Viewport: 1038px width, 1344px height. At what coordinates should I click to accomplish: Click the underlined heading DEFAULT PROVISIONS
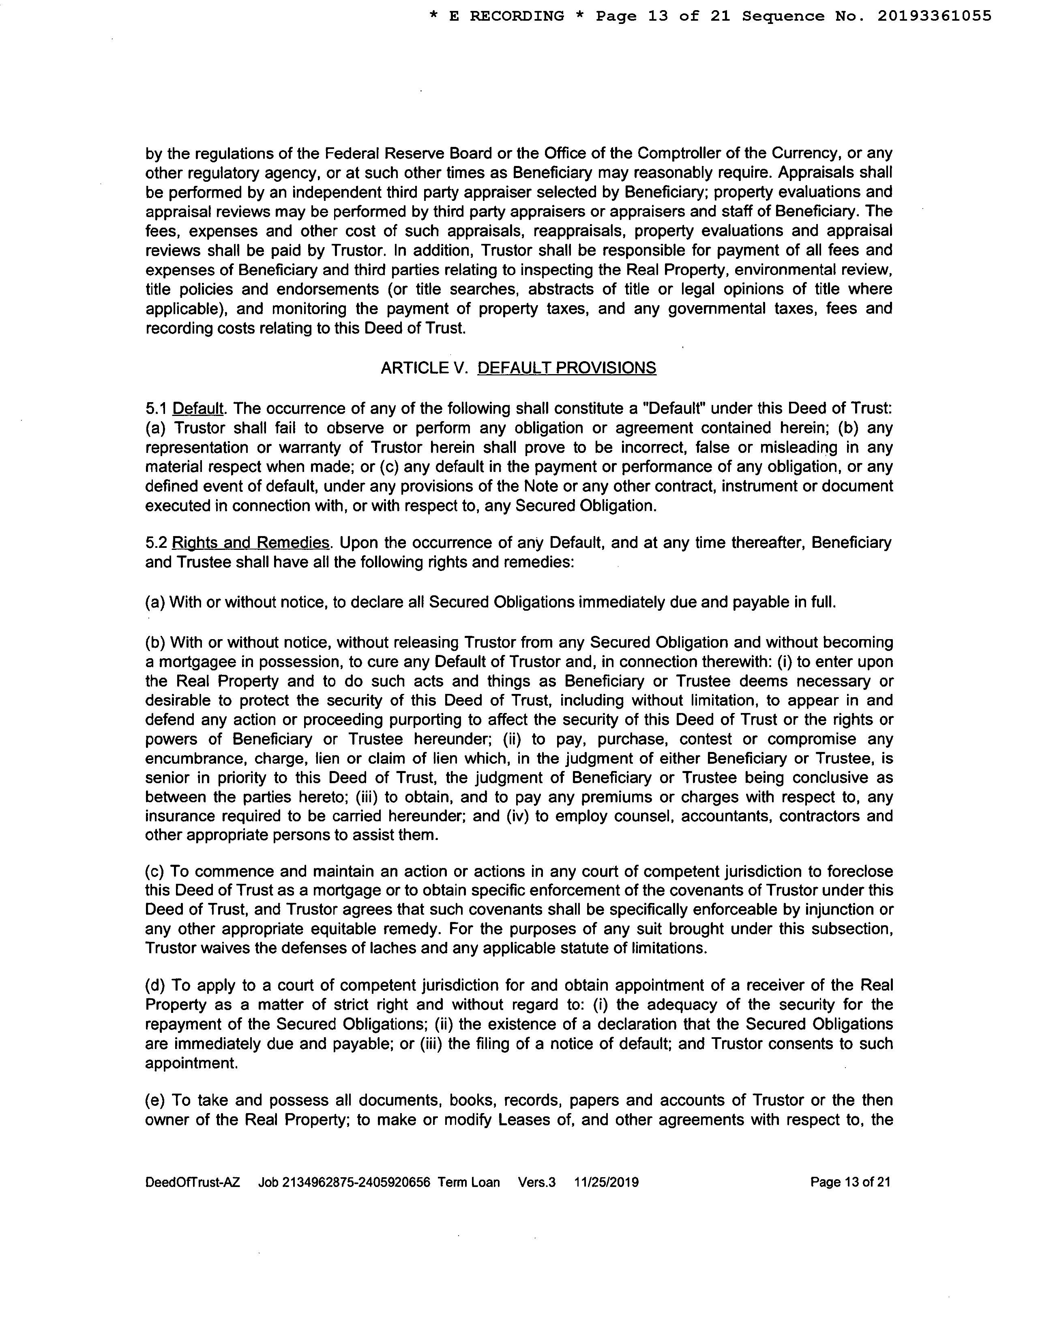[566, 368]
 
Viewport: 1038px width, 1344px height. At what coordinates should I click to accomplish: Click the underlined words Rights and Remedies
[251, 543]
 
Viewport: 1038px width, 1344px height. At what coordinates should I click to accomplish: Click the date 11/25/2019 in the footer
[606, 1182]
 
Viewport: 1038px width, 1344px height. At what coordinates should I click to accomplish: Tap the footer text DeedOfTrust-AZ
[193, 1182]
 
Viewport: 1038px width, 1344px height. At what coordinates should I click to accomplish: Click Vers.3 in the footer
[537, 1182]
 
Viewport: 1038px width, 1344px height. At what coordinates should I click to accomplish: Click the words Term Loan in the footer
[469, 1182]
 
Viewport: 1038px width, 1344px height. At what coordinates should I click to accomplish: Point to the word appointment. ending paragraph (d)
[191, 1063]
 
